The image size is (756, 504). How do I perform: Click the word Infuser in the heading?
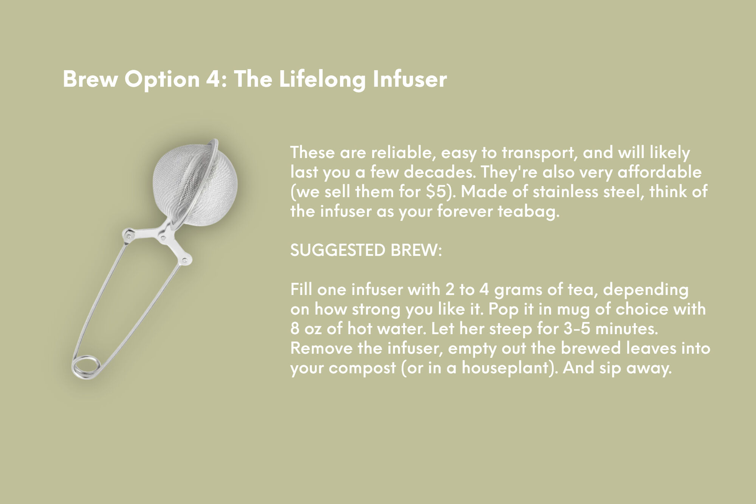[409, 79]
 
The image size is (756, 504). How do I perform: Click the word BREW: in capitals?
[417, 250]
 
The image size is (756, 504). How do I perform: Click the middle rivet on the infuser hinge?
[163, 238]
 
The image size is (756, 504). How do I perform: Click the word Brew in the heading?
[90, 79]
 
